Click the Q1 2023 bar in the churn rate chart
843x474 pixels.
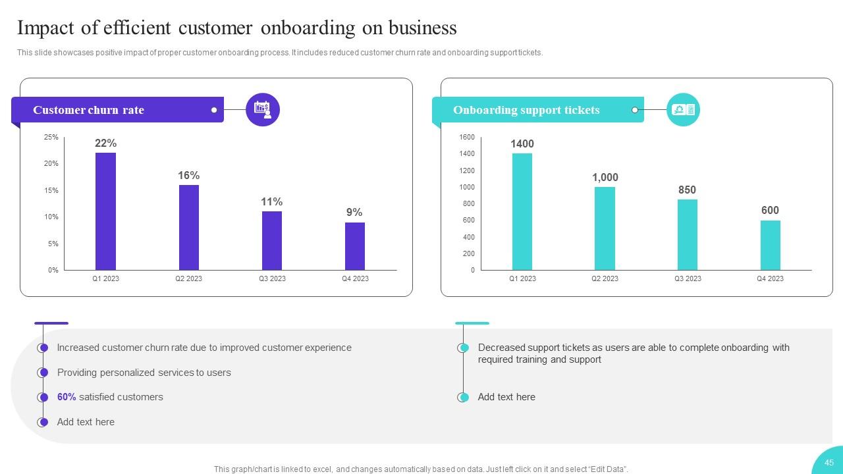(x=105, y=211)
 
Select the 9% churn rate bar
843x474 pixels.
(x=354, y=246)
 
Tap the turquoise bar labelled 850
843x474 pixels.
(x=687, y=234)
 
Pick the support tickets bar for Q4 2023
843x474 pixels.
(x=770, y=245)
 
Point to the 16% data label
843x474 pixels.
(x=188, y=175)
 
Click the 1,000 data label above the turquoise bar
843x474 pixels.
(x=605, y=177)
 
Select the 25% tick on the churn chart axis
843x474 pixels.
(x=51, y=137)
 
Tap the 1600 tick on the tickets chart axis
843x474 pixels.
(x=467, y=137)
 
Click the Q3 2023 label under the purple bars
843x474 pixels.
(x=272, y=278)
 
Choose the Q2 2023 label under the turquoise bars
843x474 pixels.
(x=605, y=278)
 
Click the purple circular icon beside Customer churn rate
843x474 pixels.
(x=263, y=110)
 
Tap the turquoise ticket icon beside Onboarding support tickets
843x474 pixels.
(x=683, y=110)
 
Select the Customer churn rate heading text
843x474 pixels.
(x=88, y=110)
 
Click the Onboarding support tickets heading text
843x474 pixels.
(x=526, y=110)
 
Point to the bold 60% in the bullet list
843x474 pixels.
(x=67, y=397)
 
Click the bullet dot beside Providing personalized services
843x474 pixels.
(x=43, y=373)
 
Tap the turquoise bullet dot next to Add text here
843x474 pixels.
(x=464, y=397)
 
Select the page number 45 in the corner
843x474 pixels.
(x=829, y=462)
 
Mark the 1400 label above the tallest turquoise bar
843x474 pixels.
(x=522, y=144)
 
